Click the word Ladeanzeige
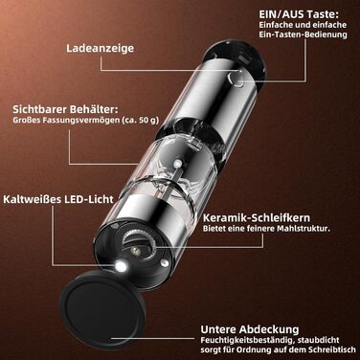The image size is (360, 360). [x=100, y=49]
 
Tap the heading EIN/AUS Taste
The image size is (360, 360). [x=299, y=14]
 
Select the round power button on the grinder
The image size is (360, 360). [x=236, y=79]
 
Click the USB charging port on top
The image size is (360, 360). [x=245, y=58]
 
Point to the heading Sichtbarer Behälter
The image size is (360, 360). [x=65, y=109]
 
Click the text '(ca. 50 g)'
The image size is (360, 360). [x=140, y=121]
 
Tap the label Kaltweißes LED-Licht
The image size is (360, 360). [x=58, y=199]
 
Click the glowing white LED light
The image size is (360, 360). [x=121, y=266]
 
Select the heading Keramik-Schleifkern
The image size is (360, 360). [x=257, y=218]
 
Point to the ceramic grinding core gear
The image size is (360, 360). [x=138, y=243]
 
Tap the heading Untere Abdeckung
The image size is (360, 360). [x=250, y=329]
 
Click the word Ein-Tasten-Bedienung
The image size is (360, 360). [x=303, y=34]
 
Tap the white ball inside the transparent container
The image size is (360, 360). [x=176, y=164]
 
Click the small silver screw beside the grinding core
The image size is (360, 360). [x=164, y=262]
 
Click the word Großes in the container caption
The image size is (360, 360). [x=26, y=121]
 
